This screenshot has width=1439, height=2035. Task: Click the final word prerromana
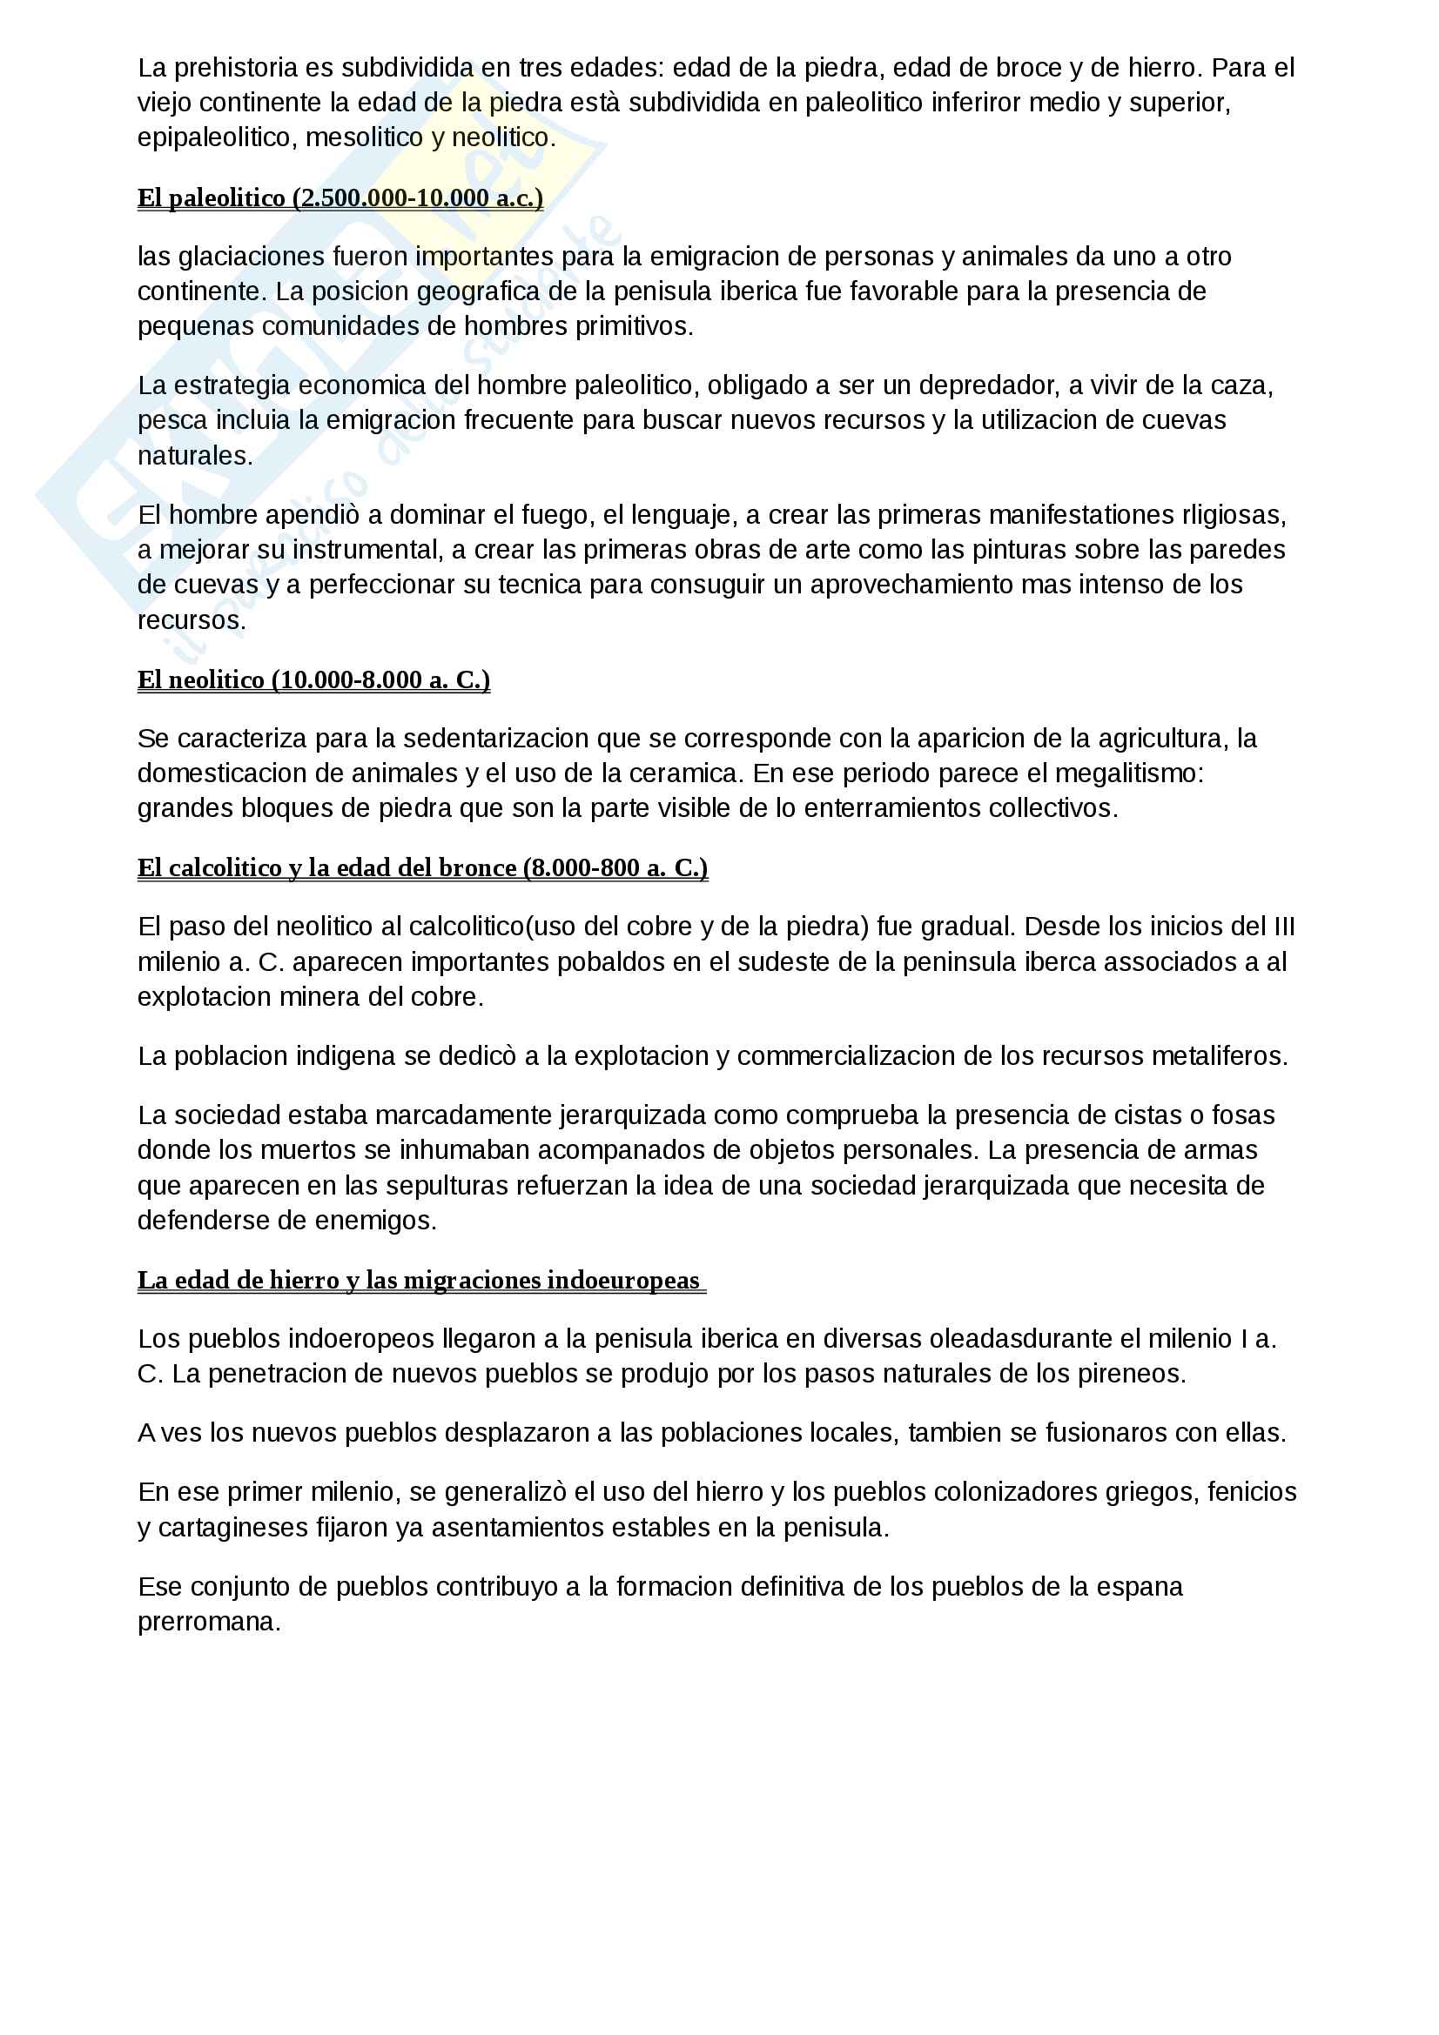click(208, 1621)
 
